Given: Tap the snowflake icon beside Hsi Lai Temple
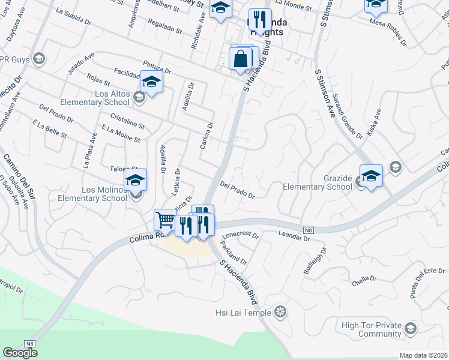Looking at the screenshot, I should pos(280,312).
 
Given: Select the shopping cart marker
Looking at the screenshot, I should pos(164,220).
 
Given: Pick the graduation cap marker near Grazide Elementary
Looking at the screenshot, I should pos(371,175).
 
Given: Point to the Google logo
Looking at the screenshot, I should pos(20,353).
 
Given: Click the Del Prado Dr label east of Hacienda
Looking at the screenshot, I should pos(238,190).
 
